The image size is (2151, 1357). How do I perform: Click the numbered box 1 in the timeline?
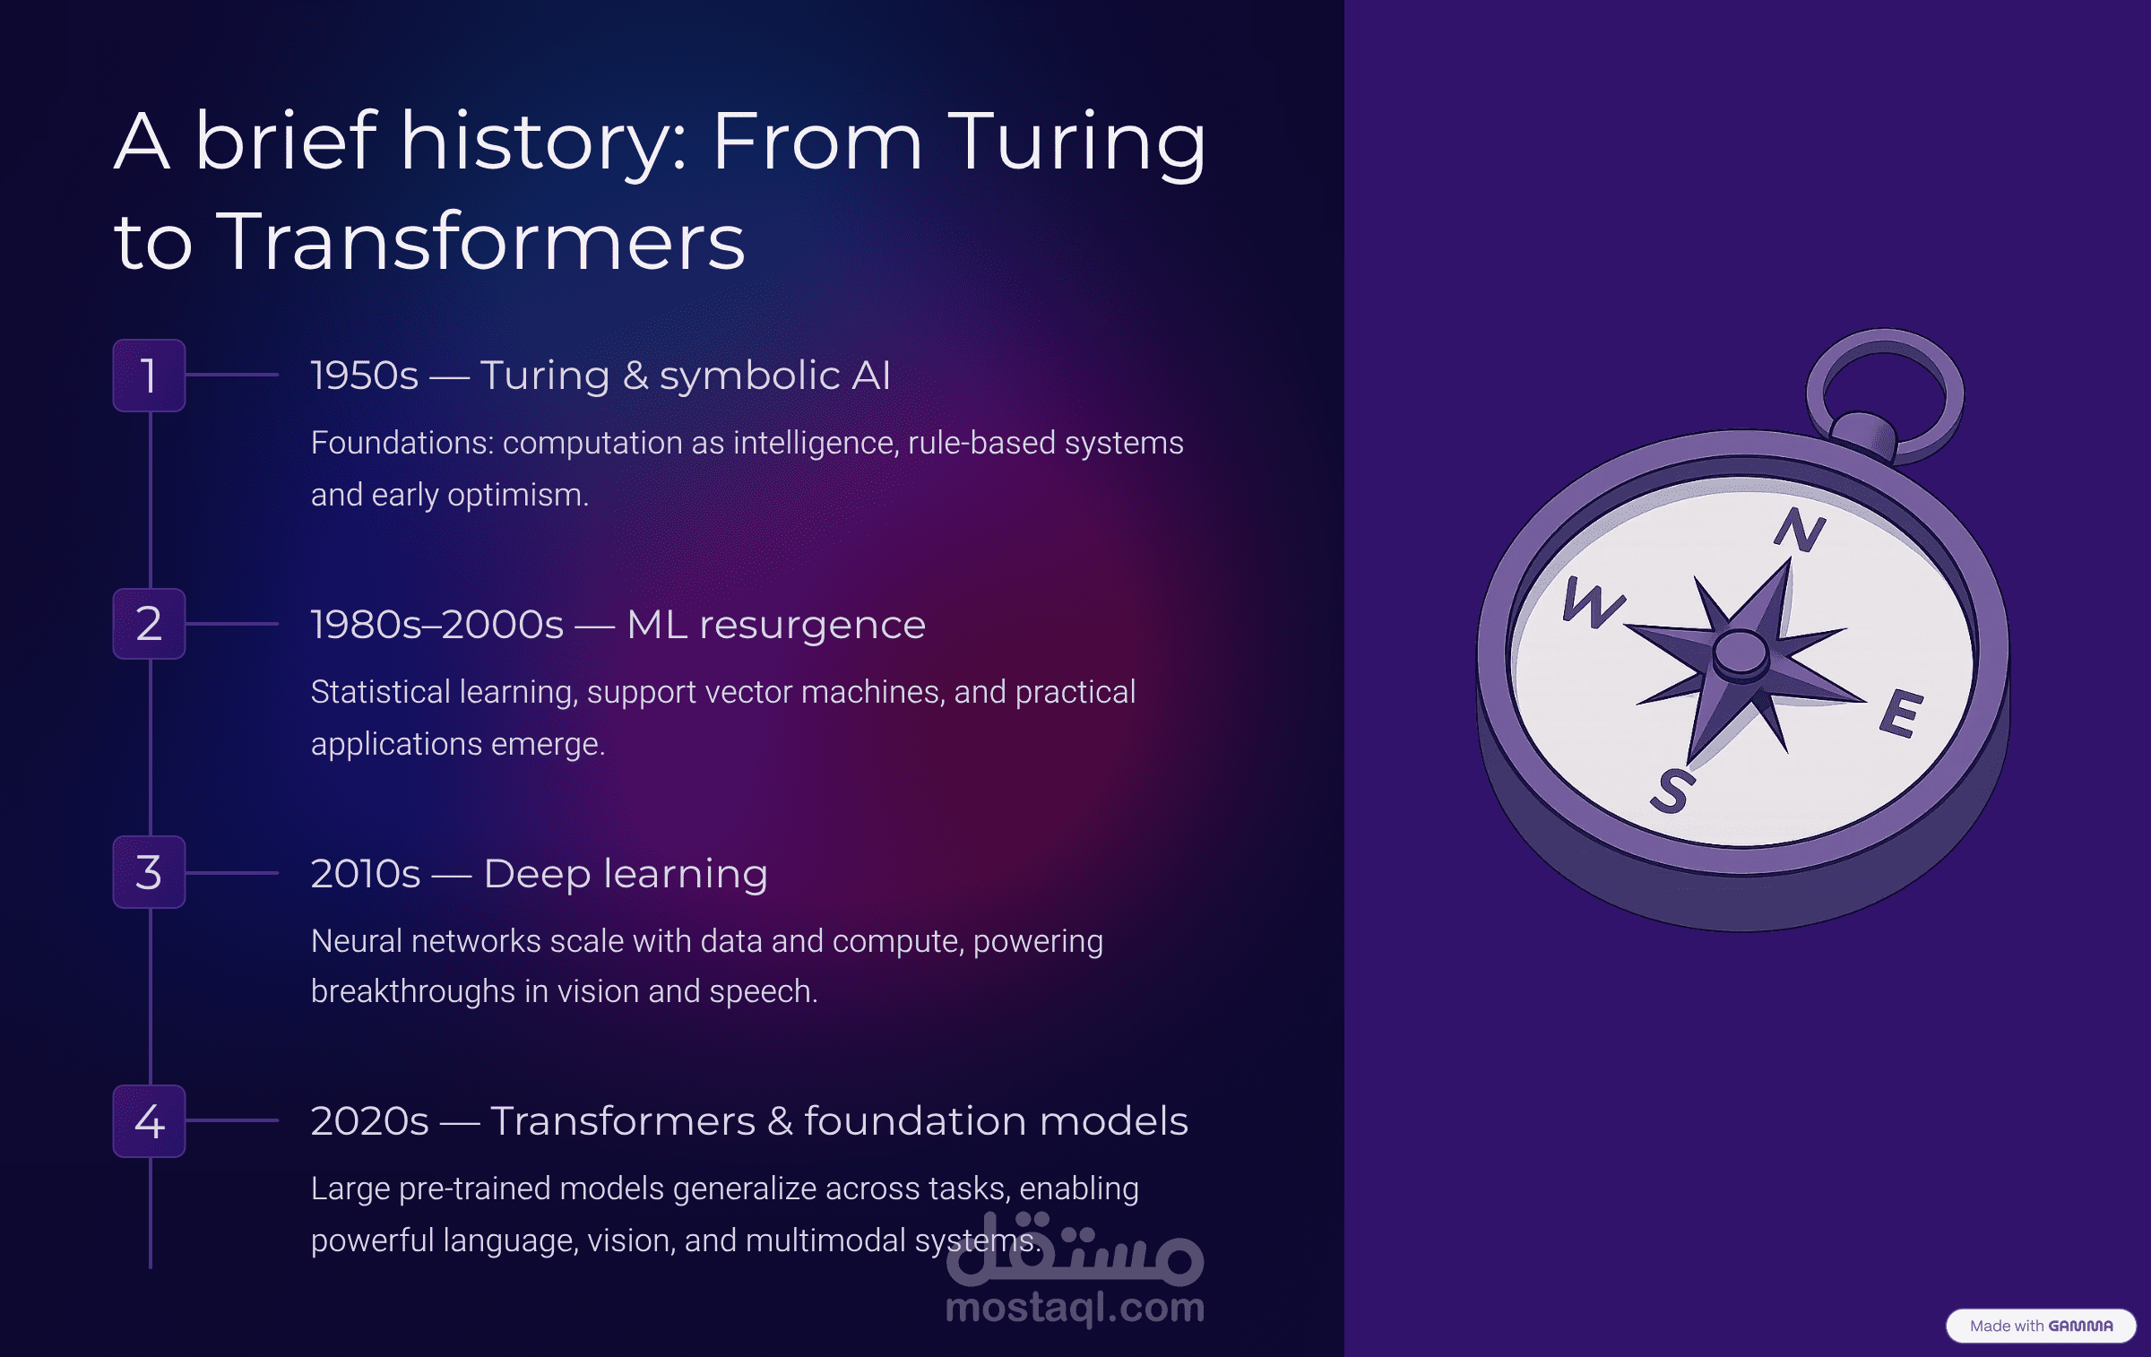pos(149,376)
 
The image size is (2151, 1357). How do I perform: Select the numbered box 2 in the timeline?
pos(149,624)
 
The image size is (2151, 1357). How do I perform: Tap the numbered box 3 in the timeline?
pos(149,872)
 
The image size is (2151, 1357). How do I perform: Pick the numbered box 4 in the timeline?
pos(149,1120)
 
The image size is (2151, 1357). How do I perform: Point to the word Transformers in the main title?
pos(480,242)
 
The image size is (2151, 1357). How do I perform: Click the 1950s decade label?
pos(365,376)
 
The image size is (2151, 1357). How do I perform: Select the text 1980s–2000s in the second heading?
pos(437,625)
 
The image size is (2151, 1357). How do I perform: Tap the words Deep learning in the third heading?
pos(626,874)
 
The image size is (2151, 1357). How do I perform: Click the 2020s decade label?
pos(370,1121)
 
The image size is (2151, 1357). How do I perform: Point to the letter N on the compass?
pos(1800,529)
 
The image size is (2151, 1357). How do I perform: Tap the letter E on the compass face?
pos(1900,713)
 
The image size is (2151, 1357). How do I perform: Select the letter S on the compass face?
pos(1672,791)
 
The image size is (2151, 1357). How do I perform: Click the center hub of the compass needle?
pos(1741,653)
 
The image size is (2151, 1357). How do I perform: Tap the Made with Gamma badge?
pos(2041,1326)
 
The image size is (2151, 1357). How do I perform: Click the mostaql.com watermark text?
pos(1075,1308)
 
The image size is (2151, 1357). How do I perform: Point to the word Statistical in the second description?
pos(381,692)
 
